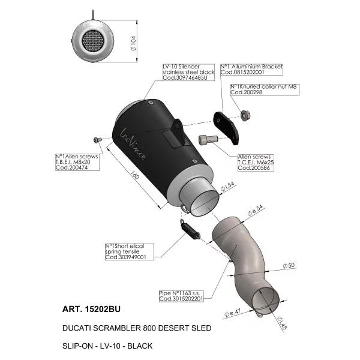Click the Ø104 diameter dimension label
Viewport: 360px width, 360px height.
[x=133, y=43]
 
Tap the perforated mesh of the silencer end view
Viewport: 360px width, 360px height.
[x=92, y=41]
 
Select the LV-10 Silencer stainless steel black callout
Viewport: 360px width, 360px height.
[x=188, y=73]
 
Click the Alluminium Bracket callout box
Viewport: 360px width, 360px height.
[x=251, y=70]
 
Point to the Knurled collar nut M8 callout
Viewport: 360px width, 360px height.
[x=265, y=89]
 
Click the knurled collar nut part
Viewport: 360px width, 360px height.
[x=245, y=115]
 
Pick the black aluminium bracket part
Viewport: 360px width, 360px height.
[x=226, y=128]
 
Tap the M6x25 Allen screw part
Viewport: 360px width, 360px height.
[x=208, y=140]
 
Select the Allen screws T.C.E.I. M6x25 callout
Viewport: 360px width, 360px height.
[x=256, y=163]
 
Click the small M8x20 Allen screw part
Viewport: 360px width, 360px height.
[x=96, y=139]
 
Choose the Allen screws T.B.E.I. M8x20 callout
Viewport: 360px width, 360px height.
[x=77, y=162]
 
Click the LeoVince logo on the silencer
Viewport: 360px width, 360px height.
[x=133, y=144]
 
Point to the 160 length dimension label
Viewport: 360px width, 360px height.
[x=135, y=175]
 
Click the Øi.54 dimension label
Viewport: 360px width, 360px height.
[x=227, y=187]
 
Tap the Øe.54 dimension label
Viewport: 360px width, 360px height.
[x=255, y=211]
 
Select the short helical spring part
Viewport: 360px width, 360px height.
[x=190, y=230]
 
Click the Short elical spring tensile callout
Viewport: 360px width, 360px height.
[x=130, y=252]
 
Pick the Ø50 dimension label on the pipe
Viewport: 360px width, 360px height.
[x=289, y=265]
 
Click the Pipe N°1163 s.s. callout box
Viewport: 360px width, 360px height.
[x=181, y=296]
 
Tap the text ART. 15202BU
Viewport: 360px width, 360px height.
[x=91, y=309]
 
